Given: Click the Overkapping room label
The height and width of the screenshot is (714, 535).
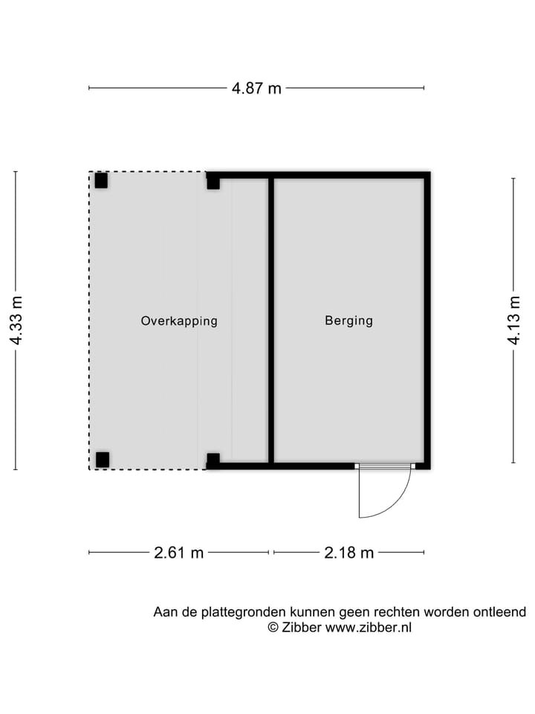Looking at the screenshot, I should [179, 321].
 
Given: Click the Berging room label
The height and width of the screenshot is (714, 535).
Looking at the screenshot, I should [348, 321].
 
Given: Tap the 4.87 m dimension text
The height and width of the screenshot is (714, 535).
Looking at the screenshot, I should [256, 88].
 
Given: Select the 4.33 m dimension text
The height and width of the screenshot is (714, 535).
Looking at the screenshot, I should [16, 321].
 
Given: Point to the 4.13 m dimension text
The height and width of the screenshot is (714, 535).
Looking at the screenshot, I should [513, 321].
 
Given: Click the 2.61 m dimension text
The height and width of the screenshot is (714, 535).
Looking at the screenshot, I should [178, 553].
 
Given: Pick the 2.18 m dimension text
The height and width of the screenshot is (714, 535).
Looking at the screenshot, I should [348, 553].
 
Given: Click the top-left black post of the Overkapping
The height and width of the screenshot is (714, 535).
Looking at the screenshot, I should [101, 181].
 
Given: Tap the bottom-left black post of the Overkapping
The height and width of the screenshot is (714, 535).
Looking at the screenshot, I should [103, 460].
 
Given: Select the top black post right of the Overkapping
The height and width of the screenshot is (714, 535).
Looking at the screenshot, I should [213, 181].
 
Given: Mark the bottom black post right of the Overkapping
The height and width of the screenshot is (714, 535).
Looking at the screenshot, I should [213, 460].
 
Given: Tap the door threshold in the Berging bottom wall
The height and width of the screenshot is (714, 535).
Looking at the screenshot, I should [383, 466].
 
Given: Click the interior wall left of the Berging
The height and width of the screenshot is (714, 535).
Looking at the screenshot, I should [271, 320].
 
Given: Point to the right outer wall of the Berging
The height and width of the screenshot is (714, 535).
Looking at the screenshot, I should [427, 320].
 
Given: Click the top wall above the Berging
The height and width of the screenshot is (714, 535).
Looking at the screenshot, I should [349, 176].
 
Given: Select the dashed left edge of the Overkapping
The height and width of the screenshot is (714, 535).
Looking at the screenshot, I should [90, 320].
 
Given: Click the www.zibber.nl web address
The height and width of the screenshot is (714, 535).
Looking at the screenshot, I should [369, 628].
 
